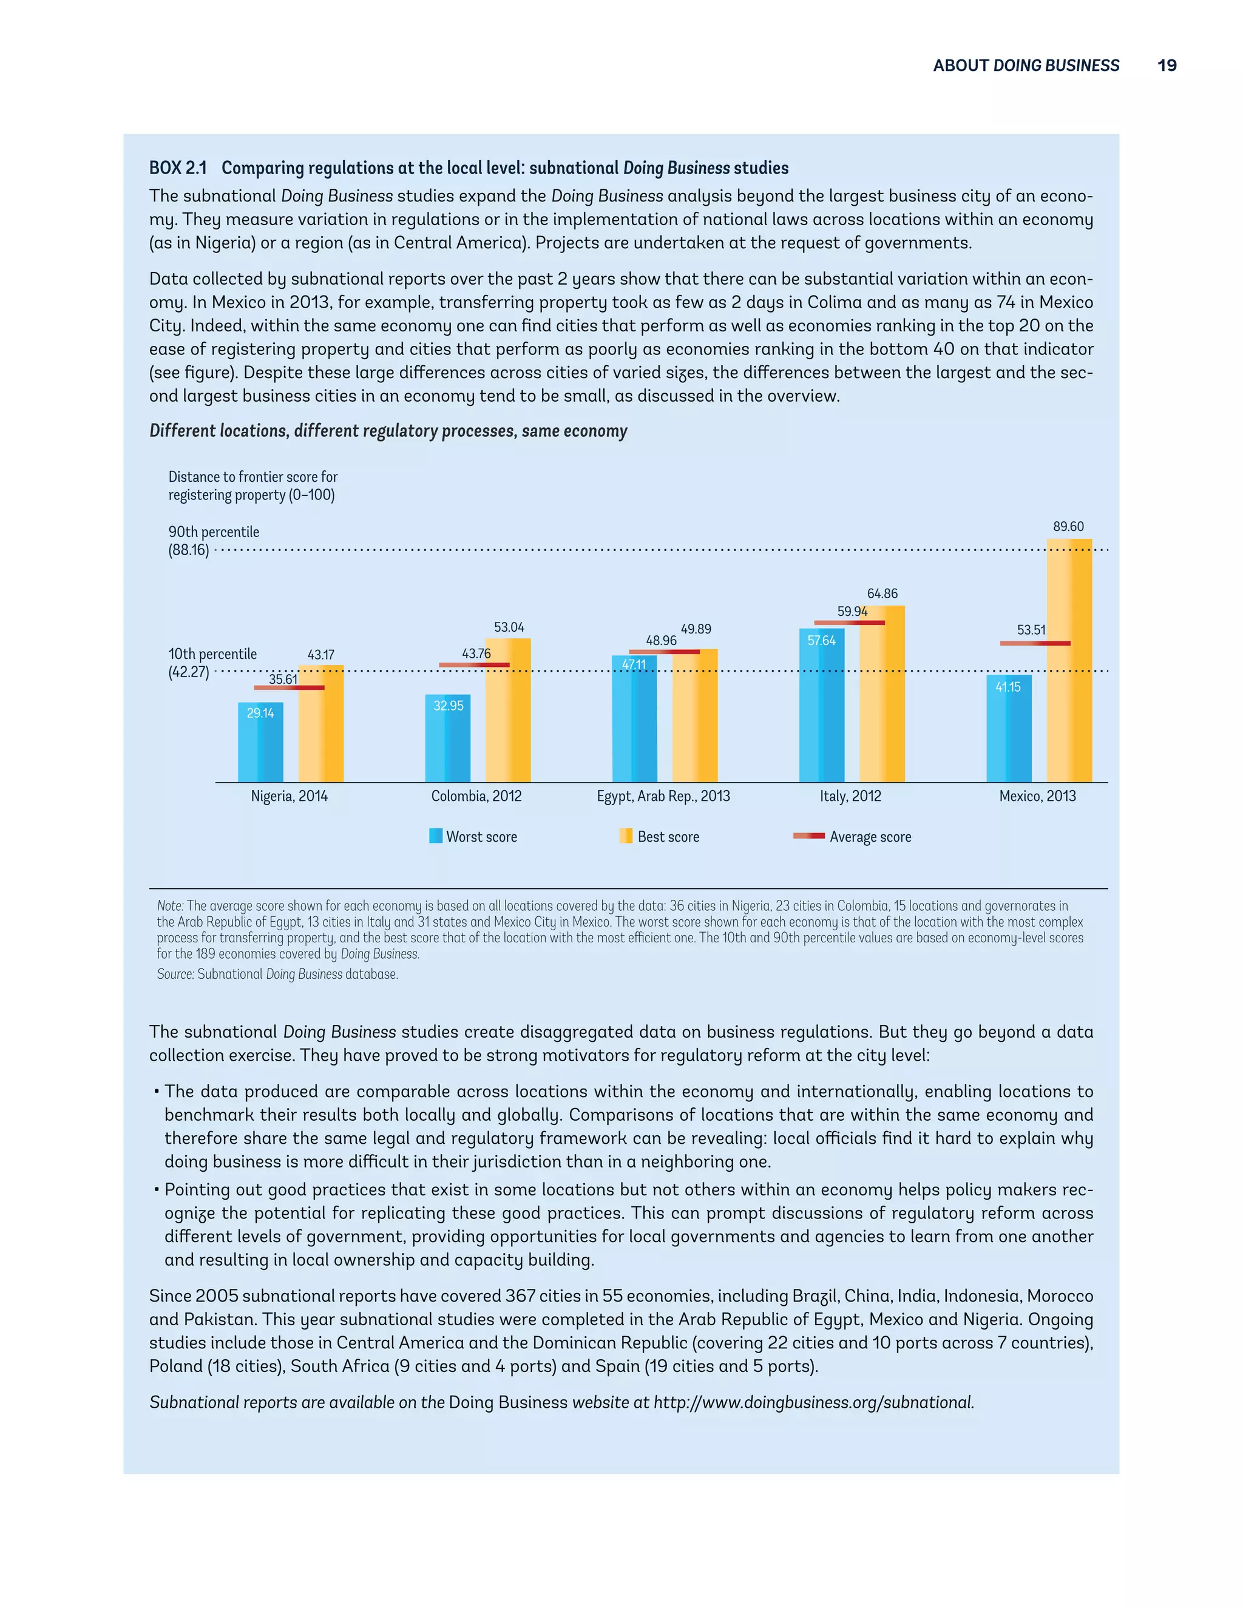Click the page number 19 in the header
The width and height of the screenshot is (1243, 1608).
[x=1167, y=66]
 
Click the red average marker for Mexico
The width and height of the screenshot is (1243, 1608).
[x=1035, y=643]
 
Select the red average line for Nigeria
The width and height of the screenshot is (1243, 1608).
[x=289, y=687]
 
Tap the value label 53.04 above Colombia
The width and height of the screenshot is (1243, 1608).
[x=509, y=627]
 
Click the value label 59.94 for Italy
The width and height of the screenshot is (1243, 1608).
[x=852, y=611]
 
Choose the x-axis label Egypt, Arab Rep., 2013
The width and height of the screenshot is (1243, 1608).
[x=663, y=796]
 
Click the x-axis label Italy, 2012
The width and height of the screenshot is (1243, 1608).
[x=850, y=796]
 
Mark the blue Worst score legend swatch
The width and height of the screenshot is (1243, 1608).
[x=436, y=836]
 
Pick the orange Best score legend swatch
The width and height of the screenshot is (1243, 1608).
[x=626, y=836]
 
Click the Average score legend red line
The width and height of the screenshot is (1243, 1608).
[x=808, y=836]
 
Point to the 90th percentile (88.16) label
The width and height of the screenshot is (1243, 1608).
[x=214, y=541]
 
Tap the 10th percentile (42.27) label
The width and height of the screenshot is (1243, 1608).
[x=212, y=663]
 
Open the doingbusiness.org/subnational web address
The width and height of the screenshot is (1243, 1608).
[x=813, y=1402]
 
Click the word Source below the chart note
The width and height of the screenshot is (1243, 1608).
[x=175, y=974]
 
